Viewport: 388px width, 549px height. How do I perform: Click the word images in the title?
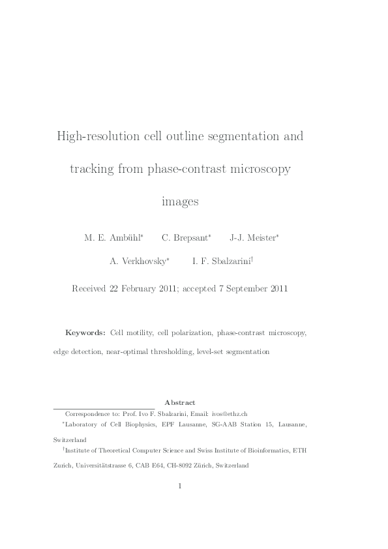tap(180, 202)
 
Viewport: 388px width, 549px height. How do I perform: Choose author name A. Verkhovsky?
tap(139, 261)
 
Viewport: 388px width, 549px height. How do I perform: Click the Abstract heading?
tap(180, 403)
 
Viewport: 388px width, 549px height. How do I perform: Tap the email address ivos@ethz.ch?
tap(230, 414)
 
